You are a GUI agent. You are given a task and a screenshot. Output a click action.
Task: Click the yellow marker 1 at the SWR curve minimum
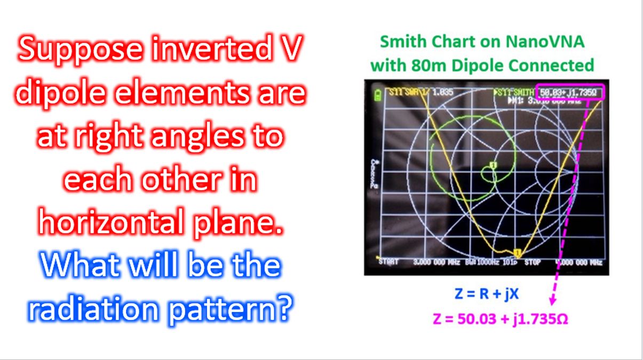tap(517, 253)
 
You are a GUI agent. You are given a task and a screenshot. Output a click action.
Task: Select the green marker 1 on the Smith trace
tap(493, 166)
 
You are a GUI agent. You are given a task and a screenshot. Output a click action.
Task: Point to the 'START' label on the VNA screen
tap(388, 262)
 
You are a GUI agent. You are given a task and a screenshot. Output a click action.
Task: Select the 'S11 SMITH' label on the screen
tap(514, 92)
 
